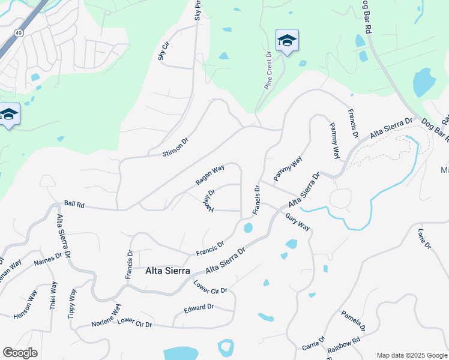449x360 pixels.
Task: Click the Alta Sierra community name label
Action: (167, 271)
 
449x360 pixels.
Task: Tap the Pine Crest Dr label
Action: (268, 70)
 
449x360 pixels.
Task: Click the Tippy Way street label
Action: (73, 303)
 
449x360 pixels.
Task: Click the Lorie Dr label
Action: (424, 238)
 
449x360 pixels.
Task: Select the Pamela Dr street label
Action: (353, 321)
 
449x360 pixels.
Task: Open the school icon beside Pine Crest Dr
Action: (287, 41)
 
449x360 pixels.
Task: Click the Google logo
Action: (20, 353)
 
